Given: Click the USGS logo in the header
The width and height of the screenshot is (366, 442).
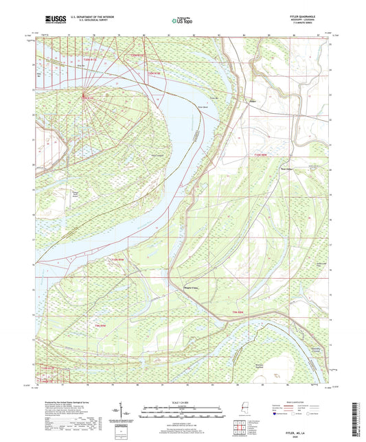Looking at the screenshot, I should [x=52, y=20].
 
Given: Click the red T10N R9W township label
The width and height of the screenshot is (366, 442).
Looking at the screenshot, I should [x=118, y=260].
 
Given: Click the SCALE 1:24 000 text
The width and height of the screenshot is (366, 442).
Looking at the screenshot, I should [x=183, y=402].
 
